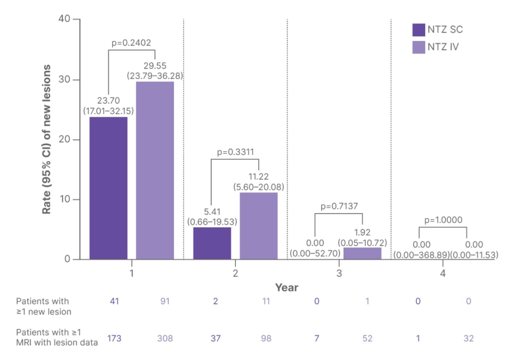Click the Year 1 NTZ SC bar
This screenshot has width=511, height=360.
pos(109,188)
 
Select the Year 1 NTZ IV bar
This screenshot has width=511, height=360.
pos(155,170)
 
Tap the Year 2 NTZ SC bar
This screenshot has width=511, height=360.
pos(212,243)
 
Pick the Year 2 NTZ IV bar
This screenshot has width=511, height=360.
pos(259,226)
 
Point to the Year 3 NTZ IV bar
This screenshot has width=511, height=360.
pos(363,253)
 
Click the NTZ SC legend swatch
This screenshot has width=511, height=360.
pos(419,29)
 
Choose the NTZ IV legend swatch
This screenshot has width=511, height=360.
pos(419,47)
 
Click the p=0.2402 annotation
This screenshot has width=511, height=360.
pos(131,42)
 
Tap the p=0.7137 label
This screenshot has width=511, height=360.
pos(339,207)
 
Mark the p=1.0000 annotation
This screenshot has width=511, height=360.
pos(443,221)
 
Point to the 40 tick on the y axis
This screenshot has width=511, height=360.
pos(64,20)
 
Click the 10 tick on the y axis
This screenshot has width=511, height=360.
pos(64,200)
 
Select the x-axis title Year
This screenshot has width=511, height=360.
pos(286,287)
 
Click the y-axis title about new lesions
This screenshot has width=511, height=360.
pos(48,139)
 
